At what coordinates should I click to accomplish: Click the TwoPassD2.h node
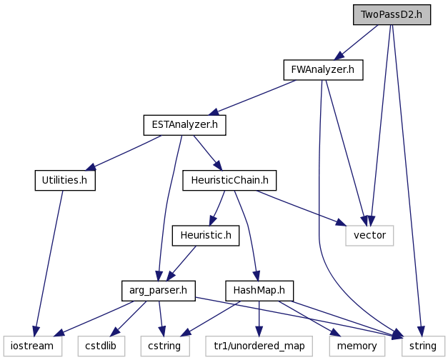[392, 14]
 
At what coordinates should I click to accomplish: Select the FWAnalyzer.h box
[323, 70]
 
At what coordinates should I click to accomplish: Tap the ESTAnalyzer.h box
[184, 125]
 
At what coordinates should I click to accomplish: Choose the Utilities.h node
[65, 180]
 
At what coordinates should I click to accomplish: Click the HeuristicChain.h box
[229, 180]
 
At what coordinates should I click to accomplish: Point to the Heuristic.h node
[206, 236]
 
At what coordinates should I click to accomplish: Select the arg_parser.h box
[159, 291]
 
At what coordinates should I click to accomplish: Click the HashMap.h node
[259, 291]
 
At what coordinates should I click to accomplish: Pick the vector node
[369, 236]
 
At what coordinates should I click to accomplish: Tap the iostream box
[33, 346]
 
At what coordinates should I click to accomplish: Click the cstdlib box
[101, 346]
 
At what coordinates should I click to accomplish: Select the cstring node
[165, 346]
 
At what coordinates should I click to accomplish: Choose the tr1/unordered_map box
[259, 346]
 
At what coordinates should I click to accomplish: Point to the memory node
[357, 346]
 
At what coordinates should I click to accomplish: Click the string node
[423, 346]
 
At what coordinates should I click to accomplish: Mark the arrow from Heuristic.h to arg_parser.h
[181, 263]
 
